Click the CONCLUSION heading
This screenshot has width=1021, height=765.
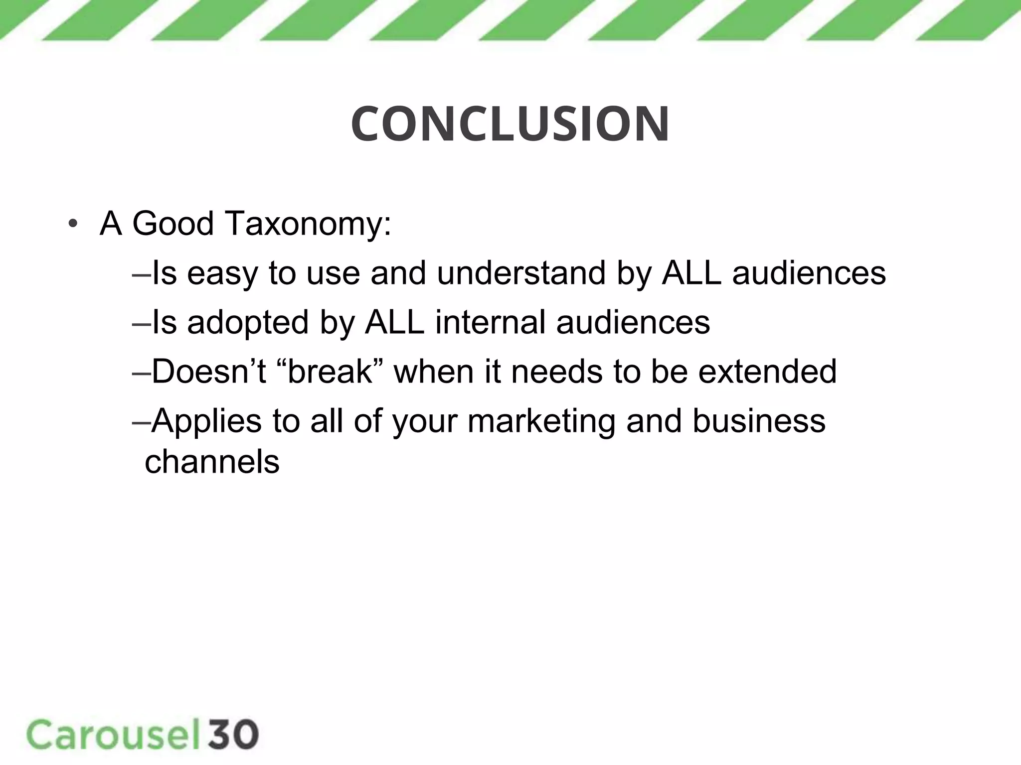point(510,124)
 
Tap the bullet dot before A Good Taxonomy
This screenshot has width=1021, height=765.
point(73,224)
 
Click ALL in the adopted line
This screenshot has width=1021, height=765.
point(394,322)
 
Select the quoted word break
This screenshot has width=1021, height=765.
point(330,372)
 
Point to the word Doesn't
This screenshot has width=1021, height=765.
point(209,372)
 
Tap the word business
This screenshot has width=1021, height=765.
point(758,421)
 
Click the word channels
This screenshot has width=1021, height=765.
point(212,462)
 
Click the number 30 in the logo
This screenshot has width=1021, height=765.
point(233,735)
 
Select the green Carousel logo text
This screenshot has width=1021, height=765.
point(112,735)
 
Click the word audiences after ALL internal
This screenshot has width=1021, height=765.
point(633,322)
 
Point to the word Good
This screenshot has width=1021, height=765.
point(173,224)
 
